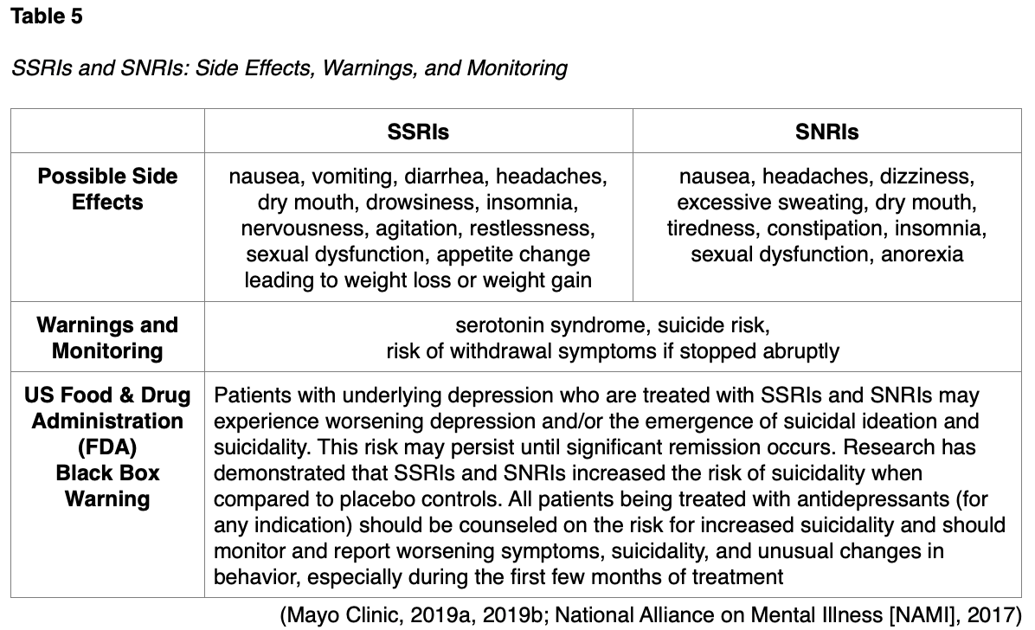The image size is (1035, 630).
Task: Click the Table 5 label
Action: point(47,16)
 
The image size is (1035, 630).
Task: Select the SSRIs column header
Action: point(418,132)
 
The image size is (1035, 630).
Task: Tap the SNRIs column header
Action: point(826,132)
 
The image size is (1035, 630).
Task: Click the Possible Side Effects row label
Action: point(107,190)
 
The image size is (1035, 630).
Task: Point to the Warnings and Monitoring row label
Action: point(107,338)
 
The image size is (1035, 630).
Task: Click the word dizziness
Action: point(927,177)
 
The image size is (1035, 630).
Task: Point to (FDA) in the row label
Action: point(107,447)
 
